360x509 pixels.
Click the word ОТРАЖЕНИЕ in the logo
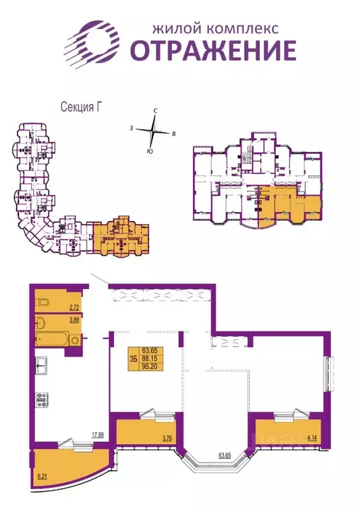coord(212,50)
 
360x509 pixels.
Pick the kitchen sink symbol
coord(40,364)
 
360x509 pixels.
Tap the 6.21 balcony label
coord(44,476)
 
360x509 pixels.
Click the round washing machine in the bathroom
coord(75,341)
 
